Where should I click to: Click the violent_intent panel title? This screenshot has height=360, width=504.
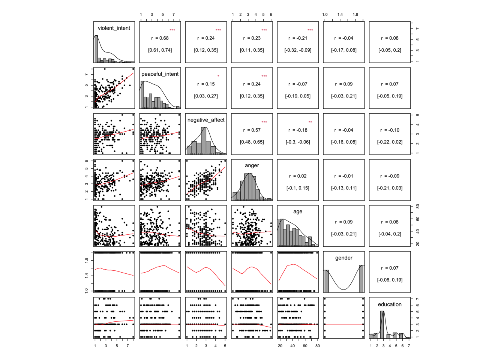coord(114,28)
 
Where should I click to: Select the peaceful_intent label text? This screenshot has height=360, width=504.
coord(160,74)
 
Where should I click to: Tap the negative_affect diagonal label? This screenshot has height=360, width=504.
coord(206,120)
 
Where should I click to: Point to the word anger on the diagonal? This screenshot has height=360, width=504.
coord(252,165)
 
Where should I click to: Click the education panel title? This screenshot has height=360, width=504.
coord(390,304)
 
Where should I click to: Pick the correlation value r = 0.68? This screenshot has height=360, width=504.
coord(160,38)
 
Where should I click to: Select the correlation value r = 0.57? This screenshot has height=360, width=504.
coord(252,130)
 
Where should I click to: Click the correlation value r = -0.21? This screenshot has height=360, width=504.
coord(298,38)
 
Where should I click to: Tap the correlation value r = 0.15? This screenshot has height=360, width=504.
coord(206,84)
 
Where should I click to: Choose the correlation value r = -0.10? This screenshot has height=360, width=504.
coord(390,130)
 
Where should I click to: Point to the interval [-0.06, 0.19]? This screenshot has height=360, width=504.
coord(390,280)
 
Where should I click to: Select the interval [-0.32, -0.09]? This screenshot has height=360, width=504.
coord(298,50)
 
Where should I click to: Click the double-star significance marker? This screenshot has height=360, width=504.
coord(310,122)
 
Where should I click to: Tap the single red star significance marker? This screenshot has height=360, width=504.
coord(218,76)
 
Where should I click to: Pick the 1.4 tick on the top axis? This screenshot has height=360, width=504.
coord(340,15)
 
